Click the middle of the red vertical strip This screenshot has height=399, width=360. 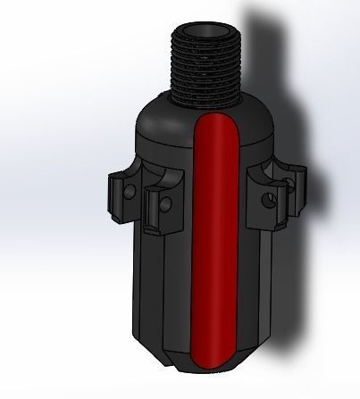214,241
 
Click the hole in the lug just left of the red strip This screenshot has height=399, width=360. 165,206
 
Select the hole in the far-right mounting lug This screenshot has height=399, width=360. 290,187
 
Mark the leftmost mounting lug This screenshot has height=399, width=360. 119,196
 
